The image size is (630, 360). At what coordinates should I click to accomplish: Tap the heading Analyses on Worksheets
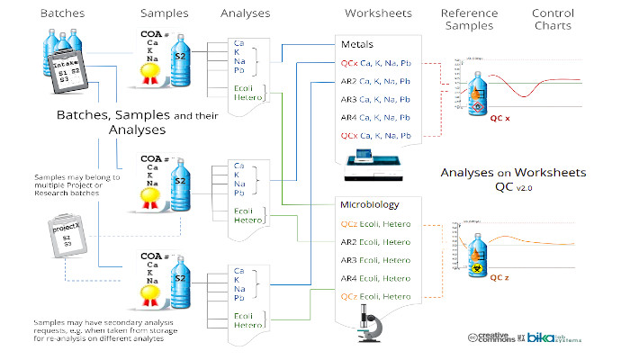pyautogui.click(x=514, y=172)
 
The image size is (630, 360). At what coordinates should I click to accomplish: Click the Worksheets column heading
pyautogui.click(x=374, y=13)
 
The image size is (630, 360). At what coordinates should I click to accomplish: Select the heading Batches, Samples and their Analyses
pyautogui.click(x=111, y=123)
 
